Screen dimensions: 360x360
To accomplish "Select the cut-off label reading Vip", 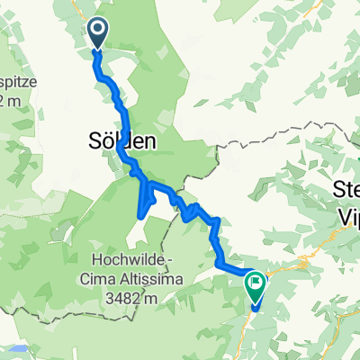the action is (346, 214).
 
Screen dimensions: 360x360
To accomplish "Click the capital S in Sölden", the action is (95, 141).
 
